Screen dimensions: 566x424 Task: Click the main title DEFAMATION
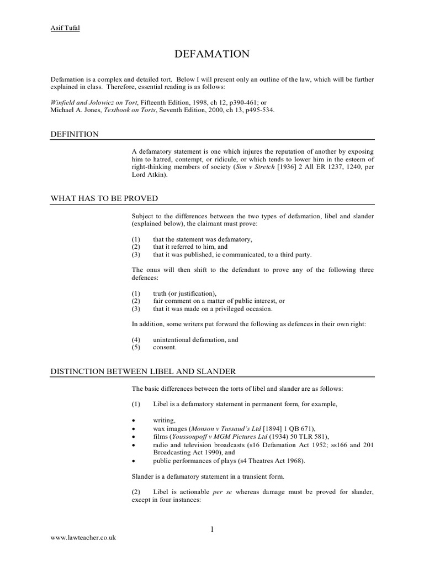212,54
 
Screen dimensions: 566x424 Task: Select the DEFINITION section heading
75,134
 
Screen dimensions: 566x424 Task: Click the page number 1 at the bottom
211,530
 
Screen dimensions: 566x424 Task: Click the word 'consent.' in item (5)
165,348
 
